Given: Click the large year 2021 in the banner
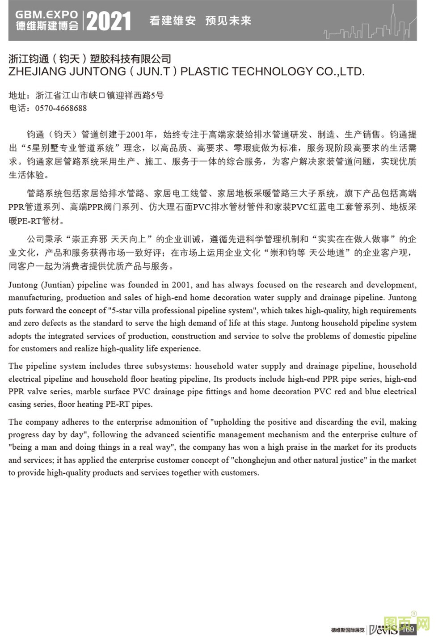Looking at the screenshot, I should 109,21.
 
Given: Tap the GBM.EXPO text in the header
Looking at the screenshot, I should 46,15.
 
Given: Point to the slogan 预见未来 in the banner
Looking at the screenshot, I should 228,21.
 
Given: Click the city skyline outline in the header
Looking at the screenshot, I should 369,27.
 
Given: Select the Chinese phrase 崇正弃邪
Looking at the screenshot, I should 88,239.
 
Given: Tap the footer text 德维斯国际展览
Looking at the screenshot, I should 347,630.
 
